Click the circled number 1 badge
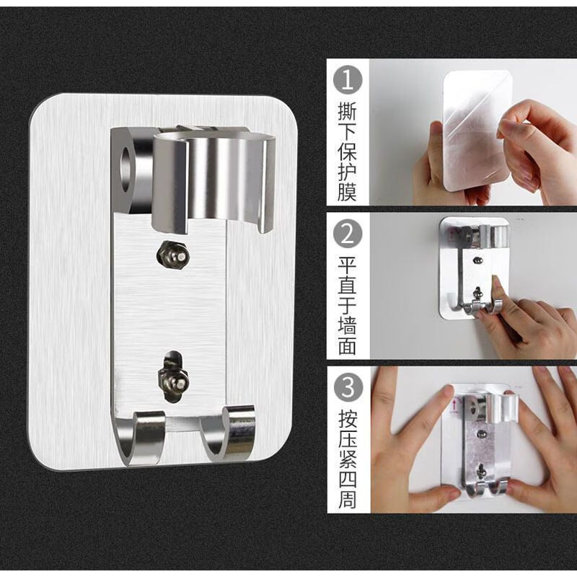pos(348,79)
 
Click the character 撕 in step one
pos(348,115)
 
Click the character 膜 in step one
pos(348,193)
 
